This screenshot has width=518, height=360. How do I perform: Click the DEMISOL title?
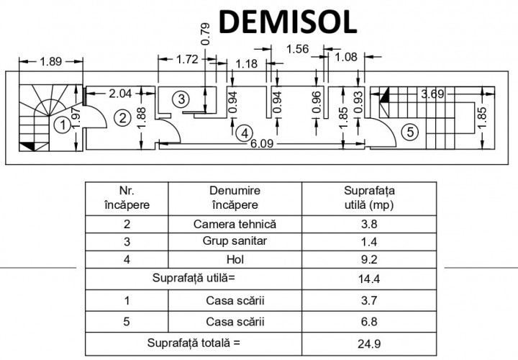[288, 22]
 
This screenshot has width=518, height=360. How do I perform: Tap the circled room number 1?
[62, 125]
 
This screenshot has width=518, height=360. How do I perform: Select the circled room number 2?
[122, 117]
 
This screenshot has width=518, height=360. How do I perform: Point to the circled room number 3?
[181, 99]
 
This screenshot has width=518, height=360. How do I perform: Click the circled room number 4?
[245, 133]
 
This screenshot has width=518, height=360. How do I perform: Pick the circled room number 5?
[410, 132]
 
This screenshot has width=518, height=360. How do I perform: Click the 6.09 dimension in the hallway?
[262, 144]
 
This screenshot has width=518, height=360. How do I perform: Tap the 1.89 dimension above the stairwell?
[51, 61]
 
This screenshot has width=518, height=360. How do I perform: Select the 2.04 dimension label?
[120, 94]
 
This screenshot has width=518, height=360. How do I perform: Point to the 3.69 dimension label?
[432, 94]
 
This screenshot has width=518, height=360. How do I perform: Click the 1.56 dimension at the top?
[297, 49]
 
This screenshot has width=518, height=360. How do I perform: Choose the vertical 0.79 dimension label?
[206, 34]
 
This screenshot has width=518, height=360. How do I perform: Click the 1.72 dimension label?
[187, 60]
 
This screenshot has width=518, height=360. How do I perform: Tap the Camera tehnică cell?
[235, 224]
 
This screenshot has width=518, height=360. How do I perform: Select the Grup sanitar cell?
[235, 241]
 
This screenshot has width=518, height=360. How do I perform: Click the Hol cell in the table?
[235, 259]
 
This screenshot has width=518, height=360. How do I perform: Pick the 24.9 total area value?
[369, 344]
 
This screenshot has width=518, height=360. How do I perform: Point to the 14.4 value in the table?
[369, 279]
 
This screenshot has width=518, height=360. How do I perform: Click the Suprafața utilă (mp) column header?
[369, 198]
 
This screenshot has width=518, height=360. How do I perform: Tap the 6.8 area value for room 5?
[369, 322]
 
